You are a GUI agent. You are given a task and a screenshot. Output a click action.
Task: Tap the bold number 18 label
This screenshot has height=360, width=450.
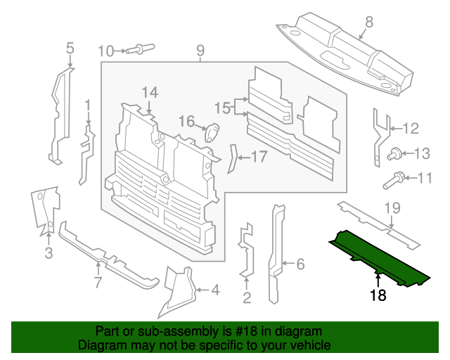pos(378,296)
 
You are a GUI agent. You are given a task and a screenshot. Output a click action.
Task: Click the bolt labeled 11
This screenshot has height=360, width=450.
pos(394,181)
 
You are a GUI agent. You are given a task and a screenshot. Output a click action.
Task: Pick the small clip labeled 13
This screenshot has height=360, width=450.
pos(395,153)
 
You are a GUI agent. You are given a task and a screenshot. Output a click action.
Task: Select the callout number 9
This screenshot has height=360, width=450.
pos(200,50)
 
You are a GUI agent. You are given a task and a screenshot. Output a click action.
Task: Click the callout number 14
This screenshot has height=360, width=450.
pos(150,93)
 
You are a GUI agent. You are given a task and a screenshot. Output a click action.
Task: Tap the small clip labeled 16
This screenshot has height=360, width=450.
pos(212,131)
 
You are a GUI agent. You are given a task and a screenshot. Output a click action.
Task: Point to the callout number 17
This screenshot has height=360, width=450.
pos(259,157)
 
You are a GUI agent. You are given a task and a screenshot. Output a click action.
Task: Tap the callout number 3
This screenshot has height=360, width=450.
pos(49,253)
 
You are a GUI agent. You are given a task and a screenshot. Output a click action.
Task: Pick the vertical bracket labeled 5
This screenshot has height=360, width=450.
pos(60,112)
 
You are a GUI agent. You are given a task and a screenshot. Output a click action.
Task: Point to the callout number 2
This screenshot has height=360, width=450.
pos(247,298)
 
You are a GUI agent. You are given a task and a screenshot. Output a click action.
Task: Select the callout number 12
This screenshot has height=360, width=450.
pos(410,128)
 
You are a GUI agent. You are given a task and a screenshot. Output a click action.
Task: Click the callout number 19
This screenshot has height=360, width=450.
pos(392,207)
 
